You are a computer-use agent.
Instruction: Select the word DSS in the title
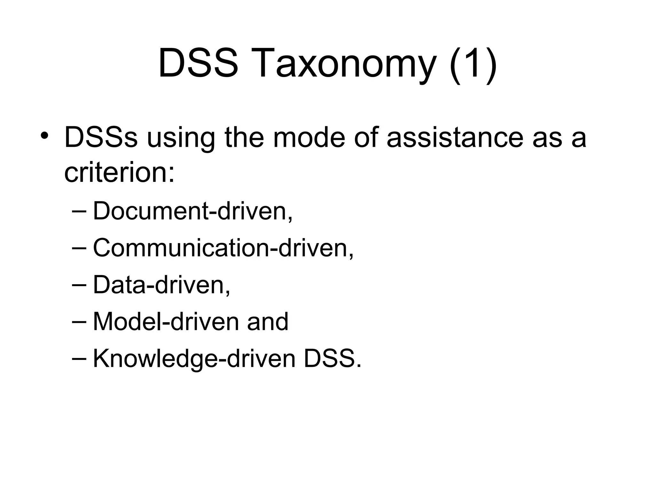198,63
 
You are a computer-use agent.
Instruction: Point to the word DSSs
101,137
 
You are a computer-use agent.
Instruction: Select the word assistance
455,137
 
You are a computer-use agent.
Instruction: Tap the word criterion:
120,173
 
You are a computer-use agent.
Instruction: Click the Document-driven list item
193,211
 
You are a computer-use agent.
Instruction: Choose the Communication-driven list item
223,248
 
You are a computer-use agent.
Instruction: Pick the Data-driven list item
162,285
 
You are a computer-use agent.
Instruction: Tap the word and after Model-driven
268,322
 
